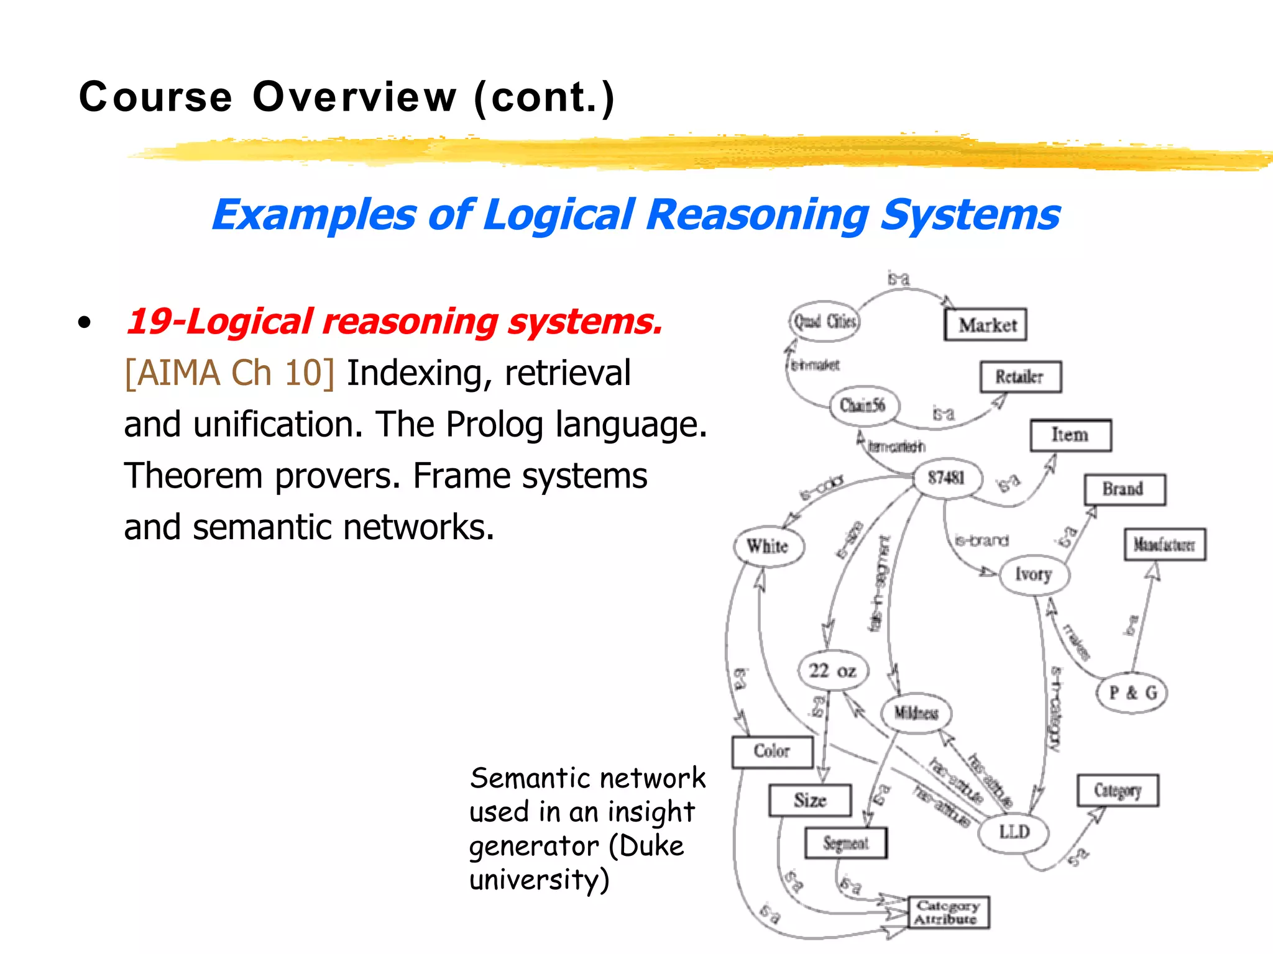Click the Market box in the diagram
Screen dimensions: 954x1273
(986, 325)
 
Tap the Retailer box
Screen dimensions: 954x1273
(1020, 377)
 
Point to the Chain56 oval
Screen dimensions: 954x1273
(862, 406)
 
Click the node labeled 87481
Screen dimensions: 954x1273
(947, 478)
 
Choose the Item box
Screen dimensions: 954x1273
(1070, 435)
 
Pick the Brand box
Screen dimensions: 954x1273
(1124, 489)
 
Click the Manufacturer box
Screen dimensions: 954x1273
(1164, 545)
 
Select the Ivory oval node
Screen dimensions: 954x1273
(1034, 575)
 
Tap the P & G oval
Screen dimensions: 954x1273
(1132, 693)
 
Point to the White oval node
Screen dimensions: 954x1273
(768, 547)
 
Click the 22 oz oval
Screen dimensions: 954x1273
(833, 671)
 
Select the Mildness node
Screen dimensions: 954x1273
(916, 713)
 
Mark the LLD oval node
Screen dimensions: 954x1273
(1014, 832)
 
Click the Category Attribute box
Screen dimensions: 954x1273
(948, 912)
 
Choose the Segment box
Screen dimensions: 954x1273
(845, 843)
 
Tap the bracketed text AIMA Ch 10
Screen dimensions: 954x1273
(229, 373)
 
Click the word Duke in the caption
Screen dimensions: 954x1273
(651, 846)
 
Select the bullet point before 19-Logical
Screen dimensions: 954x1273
(85, 323)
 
